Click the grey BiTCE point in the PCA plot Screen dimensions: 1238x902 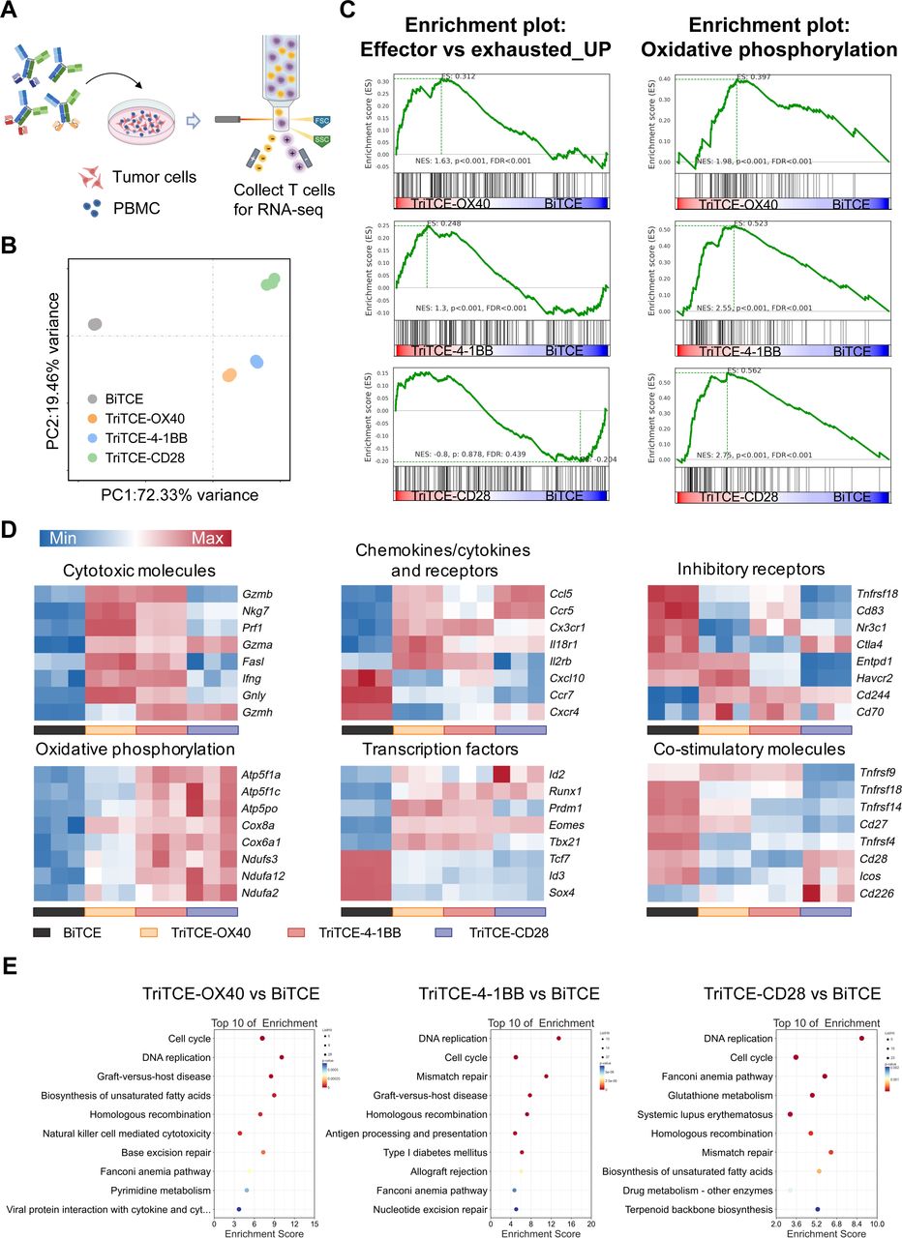[95, 325]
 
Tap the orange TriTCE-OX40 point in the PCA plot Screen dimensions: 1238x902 [229, 374]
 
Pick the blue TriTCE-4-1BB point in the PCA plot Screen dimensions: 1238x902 [257, 361]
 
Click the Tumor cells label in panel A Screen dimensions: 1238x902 [155, 177]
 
